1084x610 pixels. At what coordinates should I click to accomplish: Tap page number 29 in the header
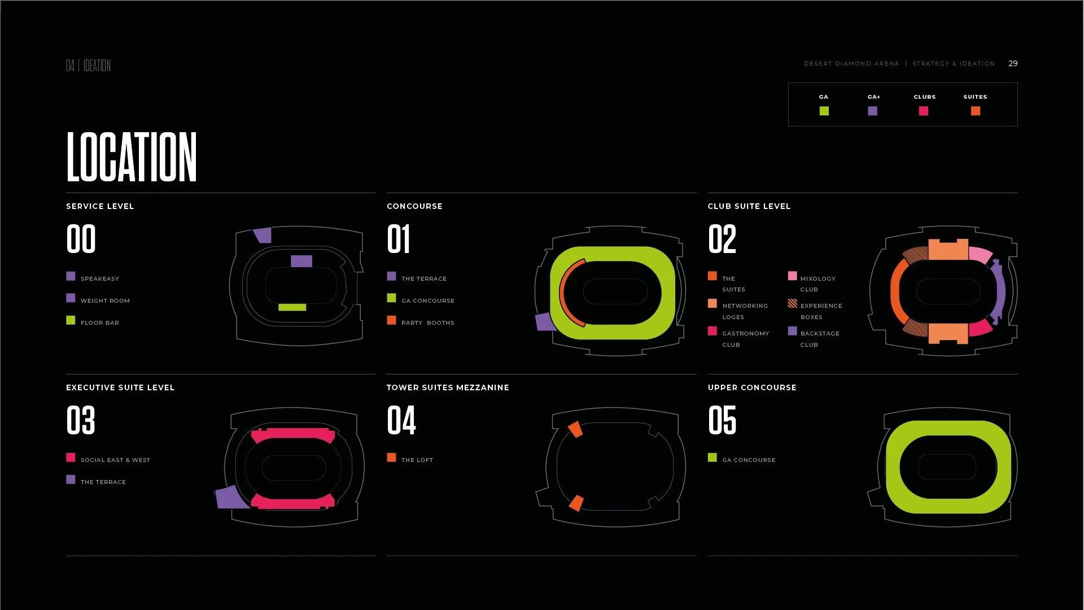pyautogui.click(x=1013, y=63)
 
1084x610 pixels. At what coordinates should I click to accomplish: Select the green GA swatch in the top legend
pyautogui.click(x=824, y=111)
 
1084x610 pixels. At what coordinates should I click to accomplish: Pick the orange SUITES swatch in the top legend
pyautogui.click(x=975, y=111)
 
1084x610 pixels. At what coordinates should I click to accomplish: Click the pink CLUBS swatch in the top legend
pyautogui.click(x=924, y=111)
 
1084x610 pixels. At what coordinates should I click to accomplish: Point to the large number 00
pyautogui.click(x=81, y=239)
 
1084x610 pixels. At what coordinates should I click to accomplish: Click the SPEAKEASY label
pyautogui.click(x=100, y=278)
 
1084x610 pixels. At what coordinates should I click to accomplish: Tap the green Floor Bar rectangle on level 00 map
pyautogui.click(x=292, y=307)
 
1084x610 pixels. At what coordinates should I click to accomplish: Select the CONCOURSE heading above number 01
pyautogui.click(x=414, y=206)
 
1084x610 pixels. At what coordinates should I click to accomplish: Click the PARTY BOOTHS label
pyautogui.click(x=427, y=323)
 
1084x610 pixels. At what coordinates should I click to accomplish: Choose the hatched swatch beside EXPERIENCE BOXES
pyautogui.click(x=792, y=304)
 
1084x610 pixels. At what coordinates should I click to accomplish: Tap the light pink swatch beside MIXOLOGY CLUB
pyautogui.click(x=792, y=276)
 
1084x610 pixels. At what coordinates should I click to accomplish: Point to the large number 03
pyautogui.click(x=81, y=420)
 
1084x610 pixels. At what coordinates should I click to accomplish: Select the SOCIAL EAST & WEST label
pyautogui.click(x=115, y=460)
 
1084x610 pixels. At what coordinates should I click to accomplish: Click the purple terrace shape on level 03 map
pyautogui.click(x=230, y=497)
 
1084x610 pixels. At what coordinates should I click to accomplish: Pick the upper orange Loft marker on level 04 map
pyautogui.click(x=575, y=429)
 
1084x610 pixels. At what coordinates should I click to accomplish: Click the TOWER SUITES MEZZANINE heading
pyautogui.click(x=448, y=387)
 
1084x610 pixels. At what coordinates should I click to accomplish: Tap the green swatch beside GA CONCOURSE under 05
pyautogui.click(x=713, y=457)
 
